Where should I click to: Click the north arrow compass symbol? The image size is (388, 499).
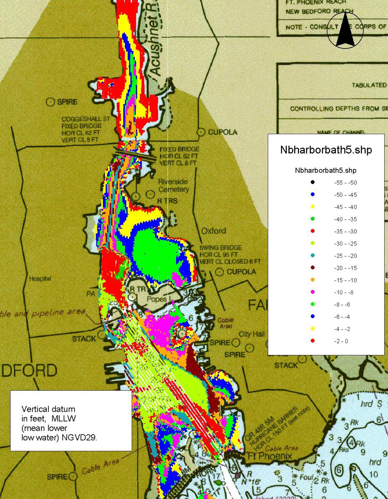[345, 30]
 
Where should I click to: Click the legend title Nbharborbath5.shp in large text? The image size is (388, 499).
[326, 150]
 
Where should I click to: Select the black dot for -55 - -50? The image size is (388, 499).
[313, 182]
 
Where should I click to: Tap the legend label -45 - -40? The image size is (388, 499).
[345, 207]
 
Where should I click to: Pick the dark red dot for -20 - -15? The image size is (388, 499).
[313, 268]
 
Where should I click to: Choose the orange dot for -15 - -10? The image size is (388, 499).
[313, 280]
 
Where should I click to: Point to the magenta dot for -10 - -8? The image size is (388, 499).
[313, 292]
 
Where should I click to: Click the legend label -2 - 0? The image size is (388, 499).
[341, 341]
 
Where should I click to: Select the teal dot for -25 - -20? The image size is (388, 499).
[313, 256]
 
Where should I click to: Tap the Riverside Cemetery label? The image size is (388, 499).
[173, 185]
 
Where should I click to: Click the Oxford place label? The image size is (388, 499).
[214, 231]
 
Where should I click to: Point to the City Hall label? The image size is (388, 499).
[252, 334]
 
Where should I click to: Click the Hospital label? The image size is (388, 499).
[40, 279]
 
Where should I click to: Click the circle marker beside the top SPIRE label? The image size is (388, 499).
[50, 102]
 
